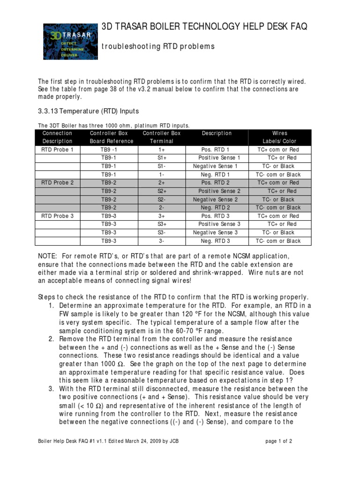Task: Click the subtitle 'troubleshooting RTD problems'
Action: pos(158,46)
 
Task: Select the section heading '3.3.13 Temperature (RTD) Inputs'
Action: pos(88,111)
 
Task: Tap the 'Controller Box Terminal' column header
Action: pos(161,137)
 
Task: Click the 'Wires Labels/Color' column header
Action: pos(280,137)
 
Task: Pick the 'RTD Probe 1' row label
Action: pos(58,150)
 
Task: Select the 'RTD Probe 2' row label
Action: pos(58,183)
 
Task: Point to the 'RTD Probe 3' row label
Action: pos(58,216)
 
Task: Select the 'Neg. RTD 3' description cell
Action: pos(216,241)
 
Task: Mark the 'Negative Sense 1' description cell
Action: pos(216,166)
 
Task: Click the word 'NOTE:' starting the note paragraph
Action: pos(47,256)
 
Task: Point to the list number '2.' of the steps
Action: pos(52,339)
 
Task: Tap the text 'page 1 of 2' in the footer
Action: pos(278,441)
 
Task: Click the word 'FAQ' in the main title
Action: pos(296,27)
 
